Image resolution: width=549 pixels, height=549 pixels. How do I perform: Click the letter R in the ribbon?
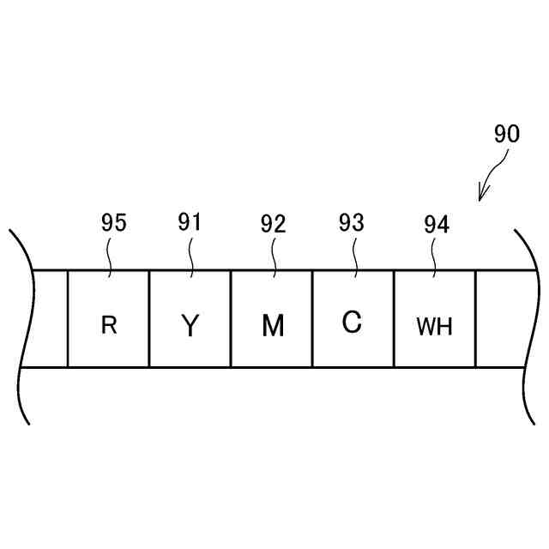coord(109,326)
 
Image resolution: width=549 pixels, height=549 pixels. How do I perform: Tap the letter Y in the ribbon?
coord(190,326)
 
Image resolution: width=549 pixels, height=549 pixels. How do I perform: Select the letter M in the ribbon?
coord(272,326)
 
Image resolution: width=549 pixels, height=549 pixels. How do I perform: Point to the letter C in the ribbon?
coord(352,323)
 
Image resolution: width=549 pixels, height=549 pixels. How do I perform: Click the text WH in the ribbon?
coord(434,327)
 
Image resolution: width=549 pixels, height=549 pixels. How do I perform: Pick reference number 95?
coord(113,223)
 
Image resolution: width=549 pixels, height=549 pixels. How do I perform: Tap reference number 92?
coord(273,225)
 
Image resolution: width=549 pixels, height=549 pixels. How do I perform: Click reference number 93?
coord(352,223)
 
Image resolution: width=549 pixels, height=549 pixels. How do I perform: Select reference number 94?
coord(436,225)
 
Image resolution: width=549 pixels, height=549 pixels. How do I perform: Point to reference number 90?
coord(506,135)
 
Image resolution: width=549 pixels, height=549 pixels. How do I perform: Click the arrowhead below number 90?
coord(482,196)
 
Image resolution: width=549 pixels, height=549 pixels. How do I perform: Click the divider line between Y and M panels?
coord(231,319)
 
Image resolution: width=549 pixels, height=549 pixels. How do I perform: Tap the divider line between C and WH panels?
coord(394,319)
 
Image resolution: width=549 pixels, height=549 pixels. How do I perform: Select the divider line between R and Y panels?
coord(149,319)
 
